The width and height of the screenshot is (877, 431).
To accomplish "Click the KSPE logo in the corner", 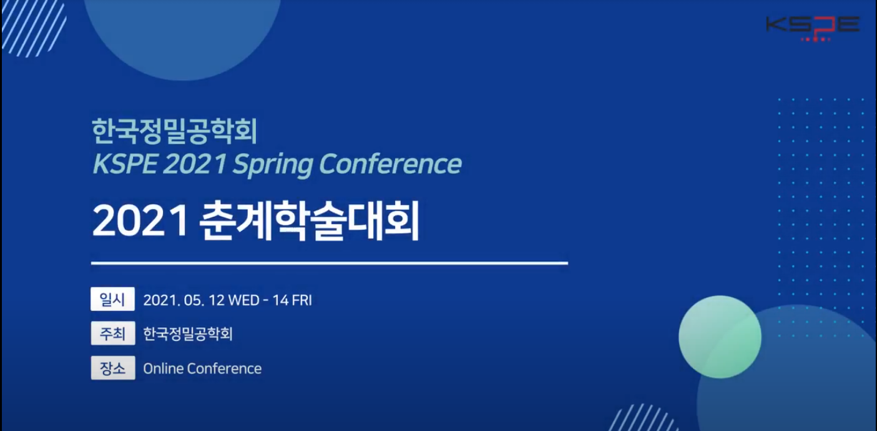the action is pyautogui.click(x=813, y=28).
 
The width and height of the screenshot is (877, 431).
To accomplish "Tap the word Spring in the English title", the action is pyautogui.click(x=273, y=164).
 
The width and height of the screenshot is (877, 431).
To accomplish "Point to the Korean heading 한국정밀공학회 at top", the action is pyautogui.click(x=175, y=131).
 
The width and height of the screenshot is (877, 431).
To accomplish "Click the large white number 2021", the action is pyautogui.click(x=140, y=220).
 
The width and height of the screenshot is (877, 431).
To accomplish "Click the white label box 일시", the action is pyautogui.click(x=113, y=299).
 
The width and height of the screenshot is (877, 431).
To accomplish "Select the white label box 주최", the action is pyautogui.click(x=113, y=333).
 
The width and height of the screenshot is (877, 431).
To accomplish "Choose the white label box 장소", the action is pyautogui.click(x=113, y=367).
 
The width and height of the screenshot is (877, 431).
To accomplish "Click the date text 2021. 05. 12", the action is pyautogui.click(x=184, y=300).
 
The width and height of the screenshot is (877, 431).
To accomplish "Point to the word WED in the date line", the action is pyautogui.click(x=243, y=300).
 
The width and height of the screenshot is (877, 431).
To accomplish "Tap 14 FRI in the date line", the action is pyautogui.click(x=292, y=300).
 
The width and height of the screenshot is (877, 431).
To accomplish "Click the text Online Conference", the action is pyautogui.click(x=202, y=369).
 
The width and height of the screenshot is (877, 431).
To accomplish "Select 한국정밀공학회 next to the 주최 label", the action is pyautogui.click(x=188, y=334).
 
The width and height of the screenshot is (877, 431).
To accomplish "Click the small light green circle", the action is pyautogui.click(x=720, y=337).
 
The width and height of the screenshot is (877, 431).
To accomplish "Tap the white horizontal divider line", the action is pyautogui.click(x=330, y=264).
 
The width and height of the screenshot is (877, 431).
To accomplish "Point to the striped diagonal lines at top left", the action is pyautogui.click(x=34, y=27).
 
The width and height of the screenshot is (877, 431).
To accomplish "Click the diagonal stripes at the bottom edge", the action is pyautogui.click(x=643, y=418).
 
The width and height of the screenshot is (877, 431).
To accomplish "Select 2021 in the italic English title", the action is pyautogui.click(x=194, y=164).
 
